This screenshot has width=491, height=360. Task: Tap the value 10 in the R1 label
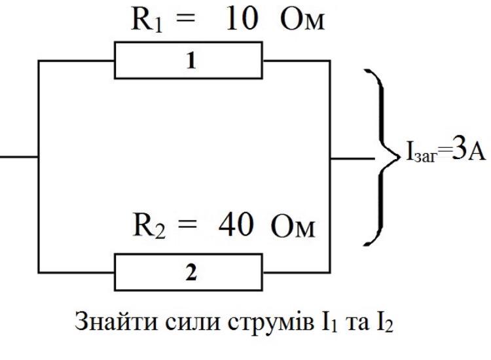(242, 19)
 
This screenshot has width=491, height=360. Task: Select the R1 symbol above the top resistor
(147, 20)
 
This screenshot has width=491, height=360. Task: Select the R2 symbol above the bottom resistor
(149, 225)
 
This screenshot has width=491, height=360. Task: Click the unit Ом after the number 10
(302, 20)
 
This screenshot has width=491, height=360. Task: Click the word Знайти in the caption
(116, 321)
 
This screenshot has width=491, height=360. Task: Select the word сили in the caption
(192, 323)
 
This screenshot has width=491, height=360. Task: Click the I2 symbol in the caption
(384, 323)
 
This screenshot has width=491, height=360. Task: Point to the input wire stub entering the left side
(19, 156)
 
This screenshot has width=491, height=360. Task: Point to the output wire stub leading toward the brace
(352, 158)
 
